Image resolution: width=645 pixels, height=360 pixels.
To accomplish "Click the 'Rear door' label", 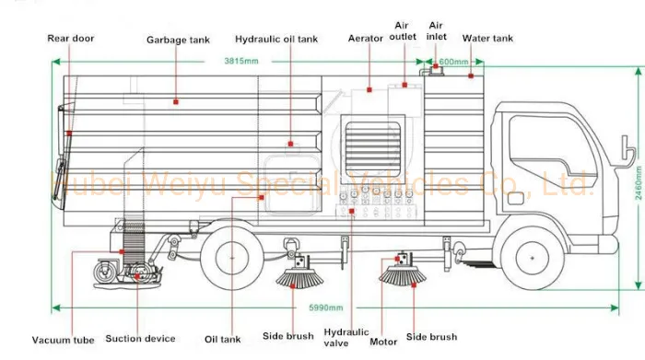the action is (71, 39).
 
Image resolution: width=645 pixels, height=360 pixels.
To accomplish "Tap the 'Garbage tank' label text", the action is (178, 40).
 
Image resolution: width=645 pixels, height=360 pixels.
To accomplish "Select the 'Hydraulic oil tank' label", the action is (276, 39).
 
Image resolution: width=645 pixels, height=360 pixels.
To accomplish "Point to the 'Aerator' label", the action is (365, 39).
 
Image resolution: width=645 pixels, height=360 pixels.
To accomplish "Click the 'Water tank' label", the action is (487, 39).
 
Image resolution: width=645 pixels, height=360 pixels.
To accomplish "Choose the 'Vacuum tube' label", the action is (64, 340).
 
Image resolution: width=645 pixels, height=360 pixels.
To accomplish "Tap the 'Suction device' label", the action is (140, 339).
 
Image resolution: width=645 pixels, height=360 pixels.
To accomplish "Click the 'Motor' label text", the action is (383, 342).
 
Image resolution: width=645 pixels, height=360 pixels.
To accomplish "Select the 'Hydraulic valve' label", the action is (346, 337).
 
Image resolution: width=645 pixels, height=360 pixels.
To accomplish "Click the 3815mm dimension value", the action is (241, 62).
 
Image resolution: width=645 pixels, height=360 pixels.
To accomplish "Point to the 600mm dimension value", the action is (453, 62).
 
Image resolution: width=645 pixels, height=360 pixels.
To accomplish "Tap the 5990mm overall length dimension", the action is (326, 308).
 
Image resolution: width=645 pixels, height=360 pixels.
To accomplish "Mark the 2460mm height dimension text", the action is (639, 183).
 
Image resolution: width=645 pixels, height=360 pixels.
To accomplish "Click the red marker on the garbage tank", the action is (176, 101).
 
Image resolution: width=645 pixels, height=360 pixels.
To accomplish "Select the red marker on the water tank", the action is (471, 76).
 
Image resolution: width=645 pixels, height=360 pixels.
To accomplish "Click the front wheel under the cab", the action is (533, 258).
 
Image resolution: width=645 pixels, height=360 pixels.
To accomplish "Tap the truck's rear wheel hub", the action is (232, 258).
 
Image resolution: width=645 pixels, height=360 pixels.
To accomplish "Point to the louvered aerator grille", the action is (372, 149).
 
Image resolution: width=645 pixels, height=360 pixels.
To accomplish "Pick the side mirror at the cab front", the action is (628, 151).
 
